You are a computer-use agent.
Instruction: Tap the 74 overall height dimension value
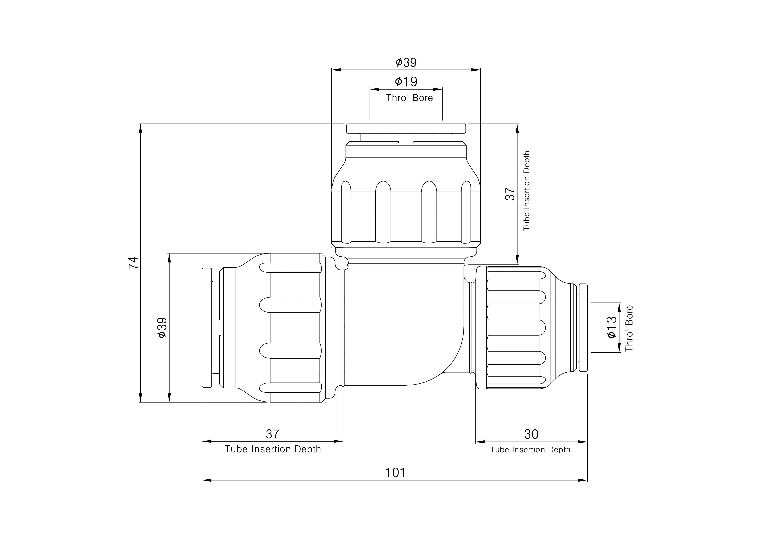click(133, 263)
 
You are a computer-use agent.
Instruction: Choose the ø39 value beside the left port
click(162, 327)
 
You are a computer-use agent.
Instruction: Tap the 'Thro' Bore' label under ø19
click(409, 98)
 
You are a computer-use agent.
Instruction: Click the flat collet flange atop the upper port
click(406, 128)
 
